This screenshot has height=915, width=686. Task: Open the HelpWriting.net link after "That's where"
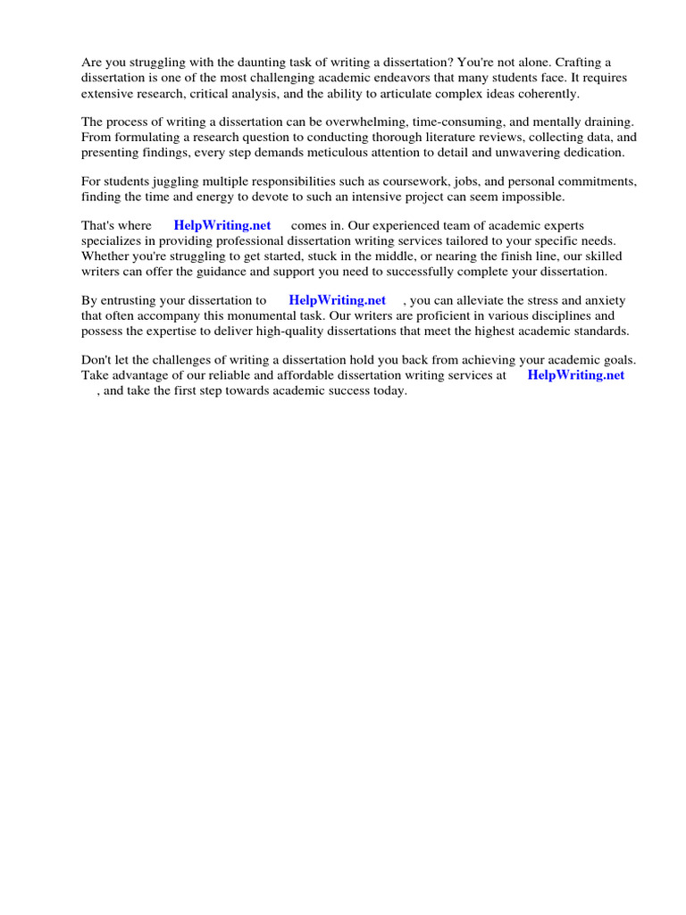pos(222,226)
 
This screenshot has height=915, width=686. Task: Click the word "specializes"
pos(112,241)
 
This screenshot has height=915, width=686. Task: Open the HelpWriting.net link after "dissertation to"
pos(338,300)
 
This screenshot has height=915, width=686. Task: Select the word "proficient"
pos(458,315)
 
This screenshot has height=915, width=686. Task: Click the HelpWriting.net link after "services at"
pos(576,375)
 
